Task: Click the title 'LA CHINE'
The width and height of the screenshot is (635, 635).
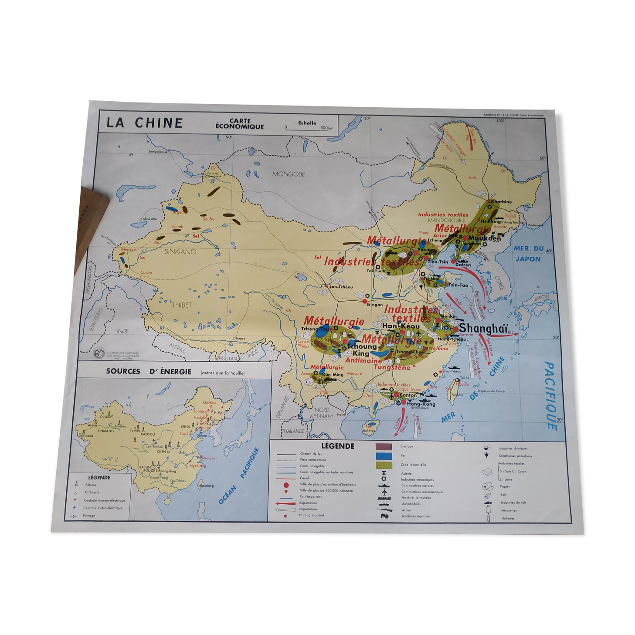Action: click(144, 122)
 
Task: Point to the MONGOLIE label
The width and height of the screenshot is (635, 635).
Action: click(289, 174)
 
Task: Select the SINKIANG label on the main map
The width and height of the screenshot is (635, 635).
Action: click(180, 251)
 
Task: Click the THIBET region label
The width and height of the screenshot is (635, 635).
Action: click(182, 305)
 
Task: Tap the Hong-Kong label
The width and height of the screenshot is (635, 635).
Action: click(421, 404)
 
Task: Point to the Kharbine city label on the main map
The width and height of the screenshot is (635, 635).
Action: click(501, 202)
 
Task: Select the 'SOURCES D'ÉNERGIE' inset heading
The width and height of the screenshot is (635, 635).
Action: click(149, 372)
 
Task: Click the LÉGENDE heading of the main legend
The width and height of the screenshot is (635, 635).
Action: click(338, 446)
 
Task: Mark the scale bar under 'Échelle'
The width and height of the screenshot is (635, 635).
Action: click(309, 128)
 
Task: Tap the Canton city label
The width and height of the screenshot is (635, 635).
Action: click(408, 395)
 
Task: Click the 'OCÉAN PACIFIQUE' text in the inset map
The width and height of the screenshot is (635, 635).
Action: click(239, 476)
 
